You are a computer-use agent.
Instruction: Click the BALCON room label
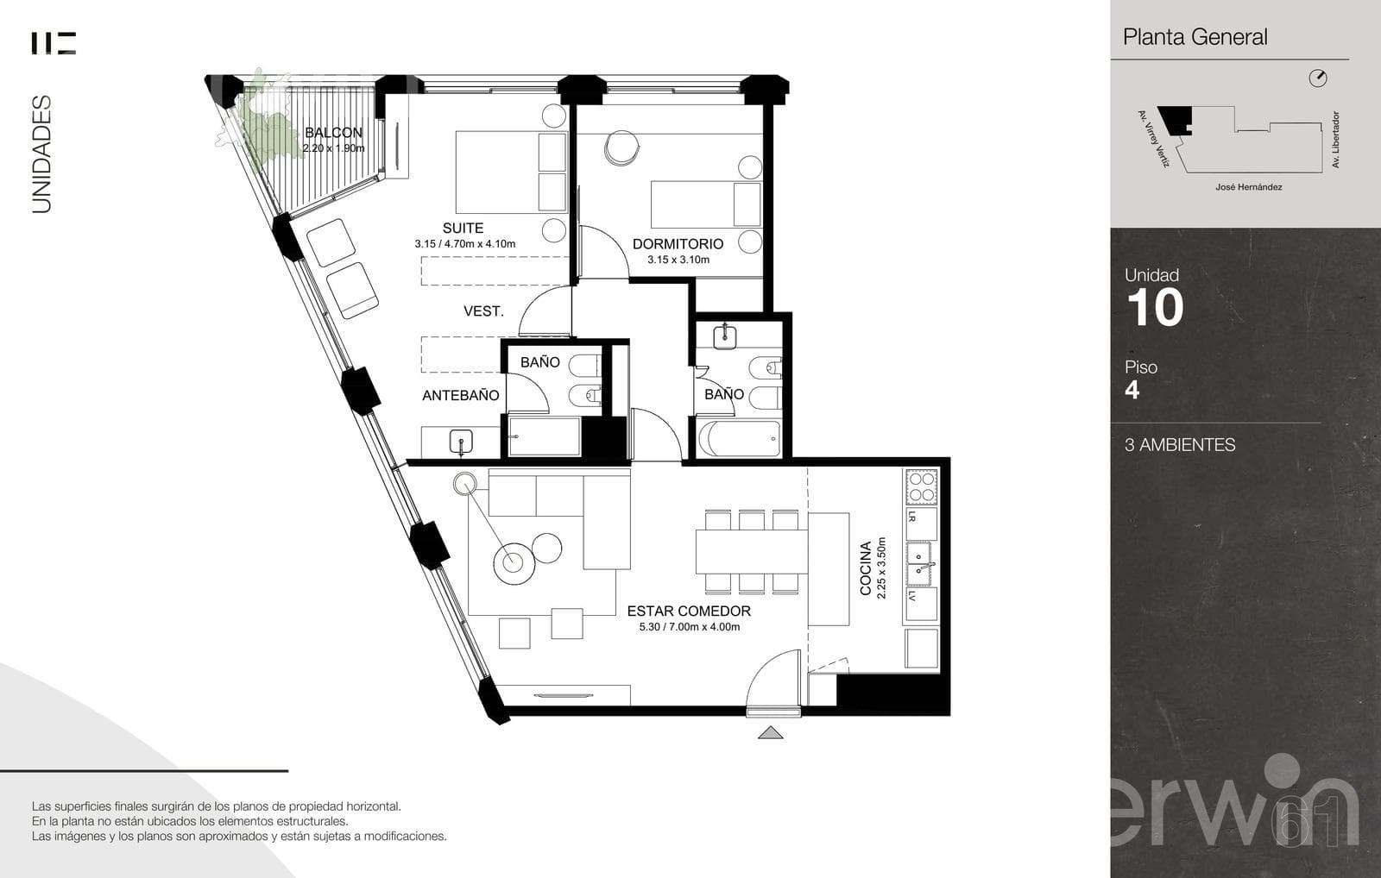coord(333,133)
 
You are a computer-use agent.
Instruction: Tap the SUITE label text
coord(463,228)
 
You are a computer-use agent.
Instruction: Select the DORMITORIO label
coord(678,244)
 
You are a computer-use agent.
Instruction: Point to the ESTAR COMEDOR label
coord(689,611)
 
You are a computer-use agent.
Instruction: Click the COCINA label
coord(866,568)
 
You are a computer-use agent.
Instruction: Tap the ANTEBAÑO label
coord(461,396)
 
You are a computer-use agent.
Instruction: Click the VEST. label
coord(483,311)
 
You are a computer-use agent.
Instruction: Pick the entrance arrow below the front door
coord(770,732)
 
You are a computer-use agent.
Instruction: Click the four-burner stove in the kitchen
coord(922,486)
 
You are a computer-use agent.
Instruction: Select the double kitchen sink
coord(921,564)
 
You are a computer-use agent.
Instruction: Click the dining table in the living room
coord(752,552)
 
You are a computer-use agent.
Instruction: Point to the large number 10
coord(1156,307)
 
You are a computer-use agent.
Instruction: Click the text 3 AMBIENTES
coord(1180,445)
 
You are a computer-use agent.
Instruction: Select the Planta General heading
coord(1195,37)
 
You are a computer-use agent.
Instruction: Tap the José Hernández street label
coord(1249,187)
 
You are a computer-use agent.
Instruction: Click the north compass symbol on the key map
coord(1318,78)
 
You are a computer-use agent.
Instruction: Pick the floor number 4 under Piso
coord(1132,390)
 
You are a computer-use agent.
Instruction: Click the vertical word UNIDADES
coord(41,154)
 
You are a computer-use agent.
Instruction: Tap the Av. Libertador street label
coord(1335,140)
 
